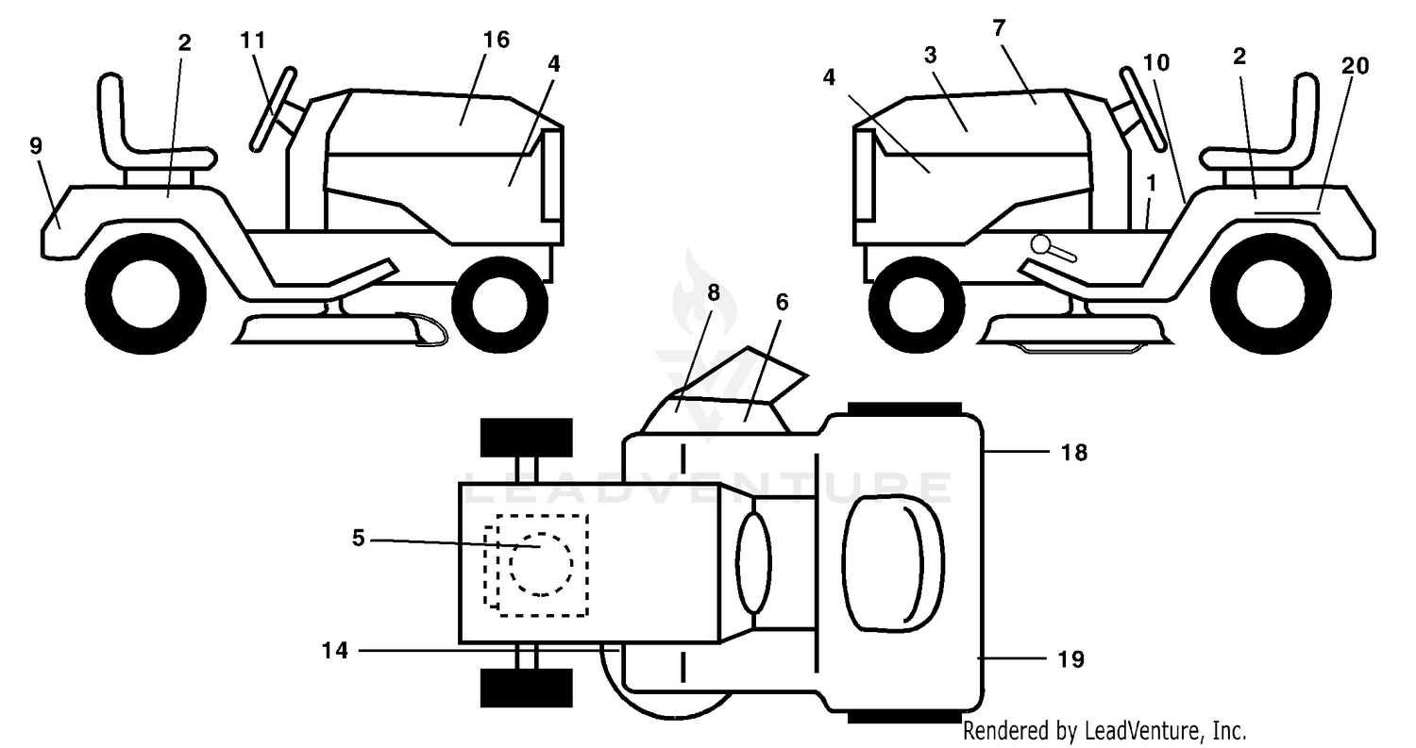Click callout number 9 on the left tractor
pyautogui.click(x=36, y=146)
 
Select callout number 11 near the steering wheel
pyautogui.click(x=253, y=41)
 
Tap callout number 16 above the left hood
pyautogui.click(x=497, y=40)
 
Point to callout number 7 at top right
pyautogui.click(x=999, y=27)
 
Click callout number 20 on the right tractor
pyautogui.click(x=1356, y=66)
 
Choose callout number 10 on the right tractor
pyautogui.click(x=1156, y=62)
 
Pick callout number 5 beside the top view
pyautogui.click(x=359, y=539)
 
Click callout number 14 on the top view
pyautogui.click(x=335, y=650)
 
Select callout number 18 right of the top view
pyautogui.click(x=1074, y=453)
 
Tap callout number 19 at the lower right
pyautogui.click(x=1071, y=659)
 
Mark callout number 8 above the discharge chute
pyautogui.click(x=713, y=292)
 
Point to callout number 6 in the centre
pyautogui.click(x=782, y=303)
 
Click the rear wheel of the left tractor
pyautogui.click(x=145, y=294)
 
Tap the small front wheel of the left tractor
pyautogui.click(x=500, y=305)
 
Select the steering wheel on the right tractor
pyautogui.click(x=1142, y=108)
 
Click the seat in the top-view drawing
pyautogui.click(x=893, y=563)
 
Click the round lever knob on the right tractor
pyautogui.click(x=1041, y=245)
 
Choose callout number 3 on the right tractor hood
pyautogui.click(x=930, y=56)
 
